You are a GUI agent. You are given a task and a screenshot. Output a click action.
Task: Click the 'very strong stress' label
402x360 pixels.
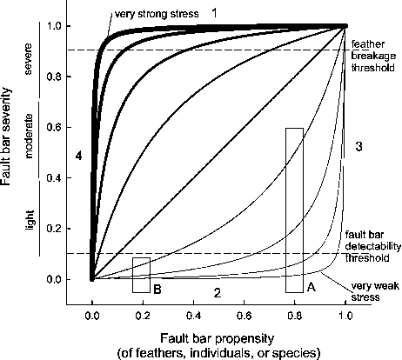157,14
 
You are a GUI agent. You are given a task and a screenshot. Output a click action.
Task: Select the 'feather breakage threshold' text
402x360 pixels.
373,56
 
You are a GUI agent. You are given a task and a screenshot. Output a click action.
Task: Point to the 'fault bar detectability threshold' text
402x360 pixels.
373,246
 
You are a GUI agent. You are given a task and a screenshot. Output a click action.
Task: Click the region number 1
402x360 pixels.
214,13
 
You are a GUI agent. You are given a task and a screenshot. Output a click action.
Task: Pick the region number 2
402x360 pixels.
218,293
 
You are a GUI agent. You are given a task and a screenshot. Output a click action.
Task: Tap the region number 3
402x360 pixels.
358,147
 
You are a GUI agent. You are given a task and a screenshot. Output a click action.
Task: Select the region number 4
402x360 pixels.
78,157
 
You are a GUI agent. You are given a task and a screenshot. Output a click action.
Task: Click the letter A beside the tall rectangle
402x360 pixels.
312,287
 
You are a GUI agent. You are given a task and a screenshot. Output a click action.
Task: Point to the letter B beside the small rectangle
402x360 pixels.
157,290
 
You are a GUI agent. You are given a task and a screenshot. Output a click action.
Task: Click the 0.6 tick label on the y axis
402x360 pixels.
54,127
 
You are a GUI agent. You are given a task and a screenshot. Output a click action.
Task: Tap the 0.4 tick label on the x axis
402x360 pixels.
193,315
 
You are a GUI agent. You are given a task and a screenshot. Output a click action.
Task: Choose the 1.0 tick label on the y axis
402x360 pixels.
54,26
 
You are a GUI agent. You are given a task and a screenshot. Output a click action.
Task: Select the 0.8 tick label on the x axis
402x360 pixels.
294,315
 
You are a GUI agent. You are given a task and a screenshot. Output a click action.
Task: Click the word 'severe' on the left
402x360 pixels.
28,59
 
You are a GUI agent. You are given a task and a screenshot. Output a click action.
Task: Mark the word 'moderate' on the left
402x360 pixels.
29,137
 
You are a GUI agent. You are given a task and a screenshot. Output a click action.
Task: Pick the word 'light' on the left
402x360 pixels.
30,220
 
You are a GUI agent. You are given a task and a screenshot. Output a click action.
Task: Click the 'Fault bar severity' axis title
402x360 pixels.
6,137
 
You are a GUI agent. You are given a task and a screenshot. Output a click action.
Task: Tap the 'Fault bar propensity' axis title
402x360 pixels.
218,338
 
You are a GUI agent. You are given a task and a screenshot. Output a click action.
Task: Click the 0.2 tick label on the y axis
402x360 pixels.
54,229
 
